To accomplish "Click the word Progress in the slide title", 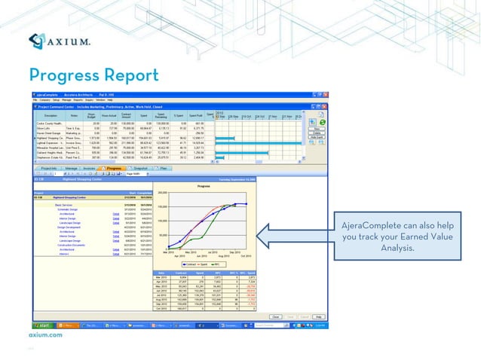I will [66, 75].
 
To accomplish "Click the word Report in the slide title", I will [132, 75].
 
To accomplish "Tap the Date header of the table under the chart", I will [161, 273].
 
